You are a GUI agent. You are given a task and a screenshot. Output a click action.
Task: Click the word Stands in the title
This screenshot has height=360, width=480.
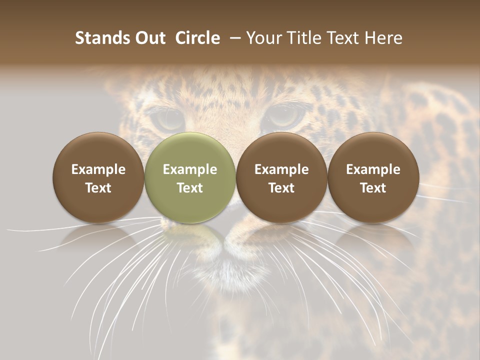tap(101, 38)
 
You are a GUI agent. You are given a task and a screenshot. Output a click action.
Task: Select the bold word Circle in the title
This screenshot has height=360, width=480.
tap(197, 38)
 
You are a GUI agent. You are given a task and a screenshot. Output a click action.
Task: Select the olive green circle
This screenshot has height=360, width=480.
tap(190, 178)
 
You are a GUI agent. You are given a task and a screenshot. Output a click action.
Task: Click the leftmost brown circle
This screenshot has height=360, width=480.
tap(98, 178)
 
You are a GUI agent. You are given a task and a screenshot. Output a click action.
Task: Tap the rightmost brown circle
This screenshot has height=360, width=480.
tap(373, 178)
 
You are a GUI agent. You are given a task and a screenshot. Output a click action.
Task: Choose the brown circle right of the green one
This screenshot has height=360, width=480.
tap(281, 178)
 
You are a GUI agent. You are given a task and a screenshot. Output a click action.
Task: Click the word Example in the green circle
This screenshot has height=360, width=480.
tap(190, 169)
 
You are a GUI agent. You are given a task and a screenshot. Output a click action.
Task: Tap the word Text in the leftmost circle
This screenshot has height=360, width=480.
tap(98, 188)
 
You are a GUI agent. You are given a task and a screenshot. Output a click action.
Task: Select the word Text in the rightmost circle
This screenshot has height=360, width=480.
tap(373, 188)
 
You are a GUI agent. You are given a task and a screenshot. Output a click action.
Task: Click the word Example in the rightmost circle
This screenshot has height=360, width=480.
tap(373, 169)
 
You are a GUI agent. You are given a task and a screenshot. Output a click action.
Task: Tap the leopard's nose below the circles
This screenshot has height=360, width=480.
tap(235, 240)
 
